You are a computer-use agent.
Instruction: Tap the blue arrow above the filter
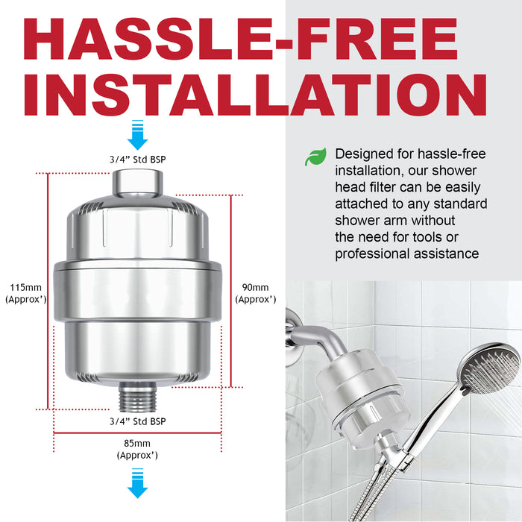coord(138,136)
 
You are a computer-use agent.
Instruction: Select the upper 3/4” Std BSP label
coord(137,158)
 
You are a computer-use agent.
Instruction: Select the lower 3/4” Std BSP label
coord(137,421)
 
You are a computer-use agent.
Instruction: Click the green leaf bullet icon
coord(315,157)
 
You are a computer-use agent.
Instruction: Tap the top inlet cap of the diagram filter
coord(137,182)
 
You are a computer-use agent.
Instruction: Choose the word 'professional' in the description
coord(374,254)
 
